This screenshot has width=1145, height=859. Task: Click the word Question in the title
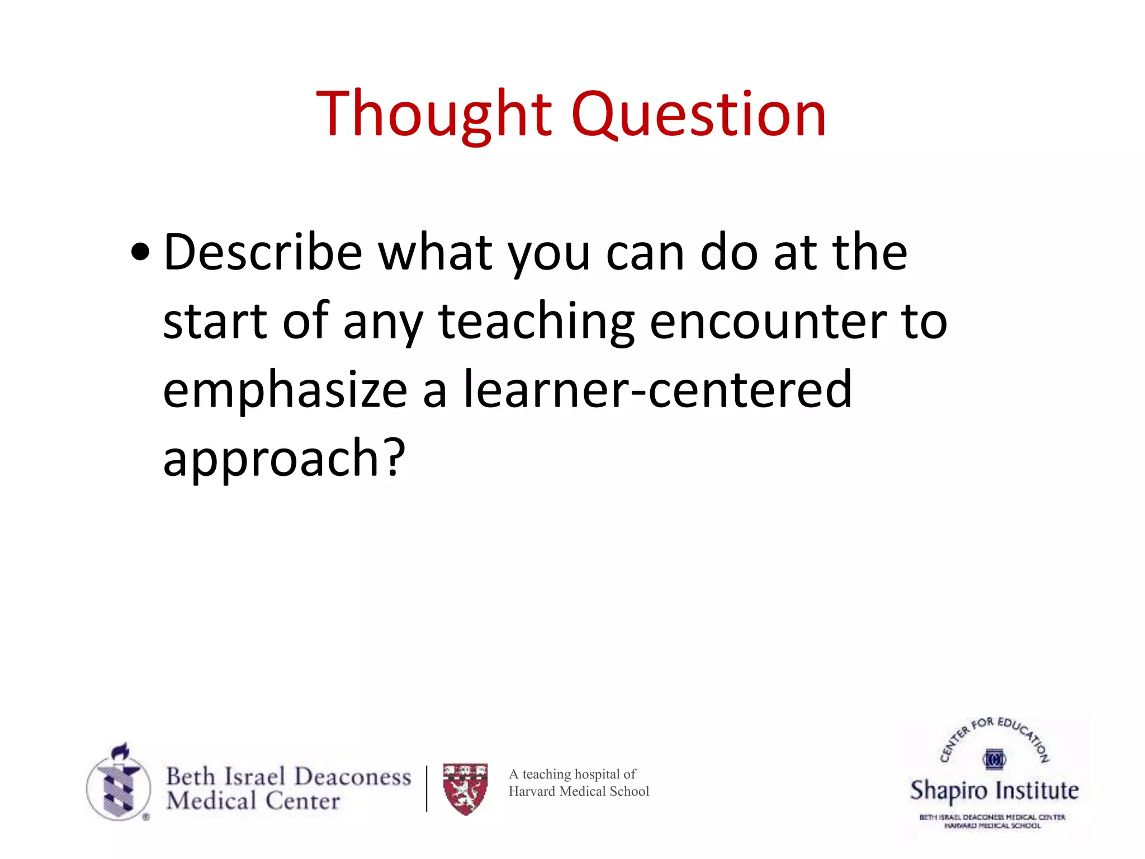(x=698, y=115)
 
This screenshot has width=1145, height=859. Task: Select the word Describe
(x=263, y=253)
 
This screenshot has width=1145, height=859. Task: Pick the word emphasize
(x=285, y=391)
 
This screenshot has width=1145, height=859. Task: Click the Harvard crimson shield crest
(x=465, y=789)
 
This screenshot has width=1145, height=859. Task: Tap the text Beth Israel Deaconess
(x=288, y=776)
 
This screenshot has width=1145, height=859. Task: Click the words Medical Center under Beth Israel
(x=253, y=801)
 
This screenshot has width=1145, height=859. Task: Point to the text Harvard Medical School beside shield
(x=579, y=791)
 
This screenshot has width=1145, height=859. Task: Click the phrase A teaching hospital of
(x=572, y=774)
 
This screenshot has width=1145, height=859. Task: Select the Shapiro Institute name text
(x=994, y=790)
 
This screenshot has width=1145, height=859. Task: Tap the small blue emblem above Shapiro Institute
(x=994, y=759)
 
